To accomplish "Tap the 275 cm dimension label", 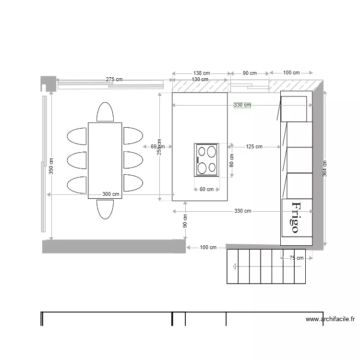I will point(114,79).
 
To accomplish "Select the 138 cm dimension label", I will point(200,73).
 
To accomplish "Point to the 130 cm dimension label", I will point(200,79).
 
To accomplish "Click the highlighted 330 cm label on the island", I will point(242,105).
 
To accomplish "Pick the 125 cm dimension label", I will point(254,146).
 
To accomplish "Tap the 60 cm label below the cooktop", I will point(206,189).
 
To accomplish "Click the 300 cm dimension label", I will point(111,194).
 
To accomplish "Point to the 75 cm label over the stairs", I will point(296,258).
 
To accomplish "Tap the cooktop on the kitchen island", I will point(206,159).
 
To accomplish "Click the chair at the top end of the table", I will point(105,112).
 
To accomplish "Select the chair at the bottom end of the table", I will point(105,209).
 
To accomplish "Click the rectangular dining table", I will point(105,160).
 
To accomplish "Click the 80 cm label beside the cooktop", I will point(231,160).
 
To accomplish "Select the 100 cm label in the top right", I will point(291,73).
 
